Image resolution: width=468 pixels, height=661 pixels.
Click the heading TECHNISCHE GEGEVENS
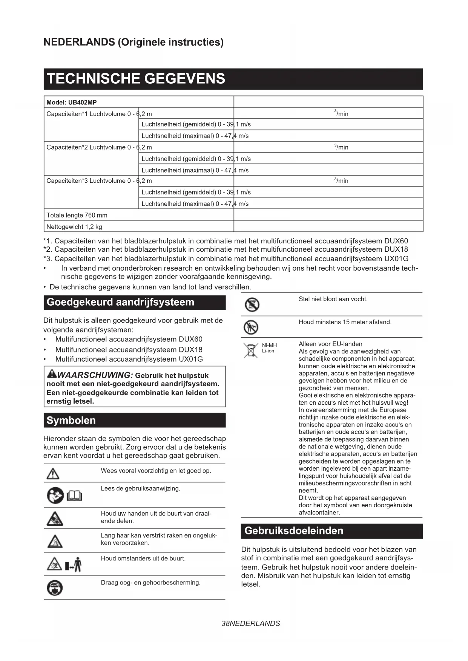click(136, 79)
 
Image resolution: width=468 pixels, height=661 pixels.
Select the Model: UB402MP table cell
click(72, 102)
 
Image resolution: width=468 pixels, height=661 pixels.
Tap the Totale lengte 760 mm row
click(77, 215)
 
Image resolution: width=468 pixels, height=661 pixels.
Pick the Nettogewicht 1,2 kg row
click(74, 227)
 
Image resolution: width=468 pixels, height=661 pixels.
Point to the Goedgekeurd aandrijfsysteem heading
click(120, 302)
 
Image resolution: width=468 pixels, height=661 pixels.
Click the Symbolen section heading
click(71, 420)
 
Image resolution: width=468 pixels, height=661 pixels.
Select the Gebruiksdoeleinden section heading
click(294, 531)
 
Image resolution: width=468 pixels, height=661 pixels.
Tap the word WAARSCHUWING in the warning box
click(95, 375)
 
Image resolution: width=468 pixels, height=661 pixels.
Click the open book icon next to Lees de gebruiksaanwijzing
click(74, 496)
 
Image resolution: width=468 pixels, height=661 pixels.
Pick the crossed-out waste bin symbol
click(250, 350)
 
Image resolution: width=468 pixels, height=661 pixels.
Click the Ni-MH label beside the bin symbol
click(269, 345)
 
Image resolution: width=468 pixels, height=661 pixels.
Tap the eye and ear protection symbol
click(55, 588)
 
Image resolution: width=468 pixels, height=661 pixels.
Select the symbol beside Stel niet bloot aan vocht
click(252, 304)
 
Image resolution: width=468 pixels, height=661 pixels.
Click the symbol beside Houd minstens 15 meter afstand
click(251, 327)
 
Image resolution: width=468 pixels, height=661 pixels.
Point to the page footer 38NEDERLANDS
click(251, 623)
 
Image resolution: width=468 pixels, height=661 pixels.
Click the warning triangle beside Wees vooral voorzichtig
click(53, 473)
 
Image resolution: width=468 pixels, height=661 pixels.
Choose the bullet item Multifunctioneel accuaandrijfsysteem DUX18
click(129, 349)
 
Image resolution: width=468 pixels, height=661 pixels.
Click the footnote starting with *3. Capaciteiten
click(226, 259)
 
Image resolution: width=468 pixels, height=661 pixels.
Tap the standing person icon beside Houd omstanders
click(77, 564)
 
